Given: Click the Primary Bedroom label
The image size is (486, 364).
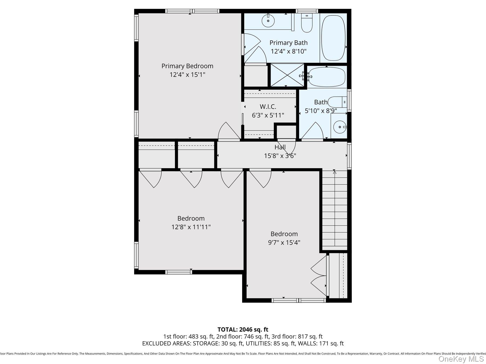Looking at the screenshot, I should click(187, 66).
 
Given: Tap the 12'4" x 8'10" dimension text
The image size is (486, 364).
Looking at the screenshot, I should click(289, 51).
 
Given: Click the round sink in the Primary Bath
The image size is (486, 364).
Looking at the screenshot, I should click(268, 21).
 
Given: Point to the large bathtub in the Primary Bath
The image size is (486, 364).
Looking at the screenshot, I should click(333, 38).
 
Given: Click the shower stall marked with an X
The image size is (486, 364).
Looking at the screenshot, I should click(287, 75).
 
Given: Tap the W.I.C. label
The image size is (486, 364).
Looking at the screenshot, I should click(268, 107).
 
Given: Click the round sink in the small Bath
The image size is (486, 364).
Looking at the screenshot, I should click(339, 127).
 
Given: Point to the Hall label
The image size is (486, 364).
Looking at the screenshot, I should click(280, 147).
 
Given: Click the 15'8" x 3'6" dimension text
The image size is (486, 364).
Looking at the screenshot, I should click(280, 156).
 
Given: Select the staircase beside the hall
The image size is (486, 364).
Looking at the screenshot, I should click(335, 209).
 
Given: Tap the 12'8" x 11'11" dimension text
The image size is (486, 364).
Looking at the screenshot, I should click(191, 227).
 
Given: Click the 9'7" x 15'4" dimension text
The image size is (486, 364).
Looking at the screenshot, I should click(284, 242).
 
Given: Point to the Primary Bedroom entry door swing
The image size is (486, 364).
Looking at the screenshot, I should click(228, 131).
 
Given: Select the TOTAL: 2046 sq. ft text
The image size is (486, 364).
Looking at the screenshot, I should click(243, 329).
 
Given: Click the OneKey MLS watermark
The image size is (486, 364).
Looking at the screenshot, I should click(461, 359).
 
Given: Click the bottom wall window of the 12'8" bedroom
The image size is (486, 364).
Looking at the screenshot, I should click(178, 272).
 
